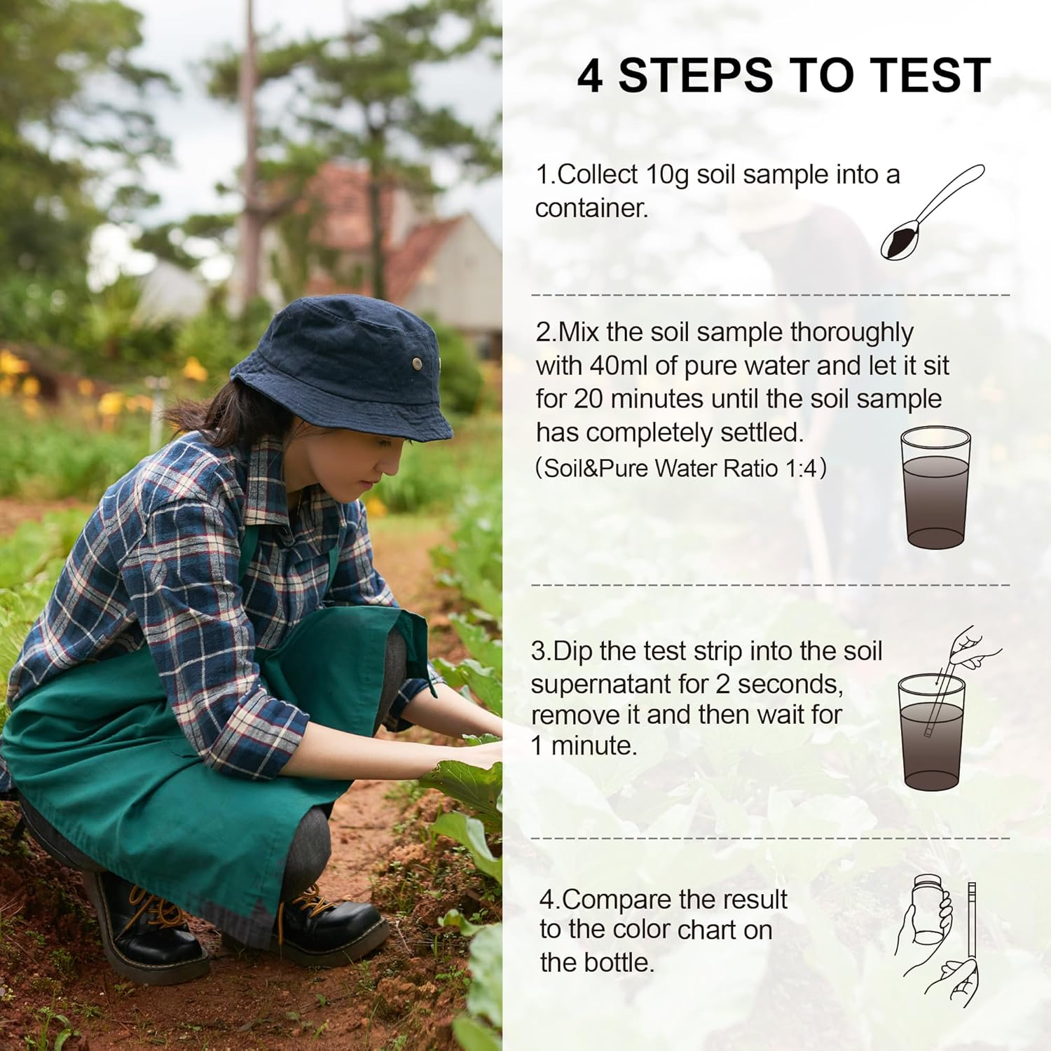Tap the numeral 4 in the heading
[x=590, y=76]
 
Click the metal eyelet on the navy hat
[x=417, y=362]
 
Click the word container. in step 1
[x=591, y=208]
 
